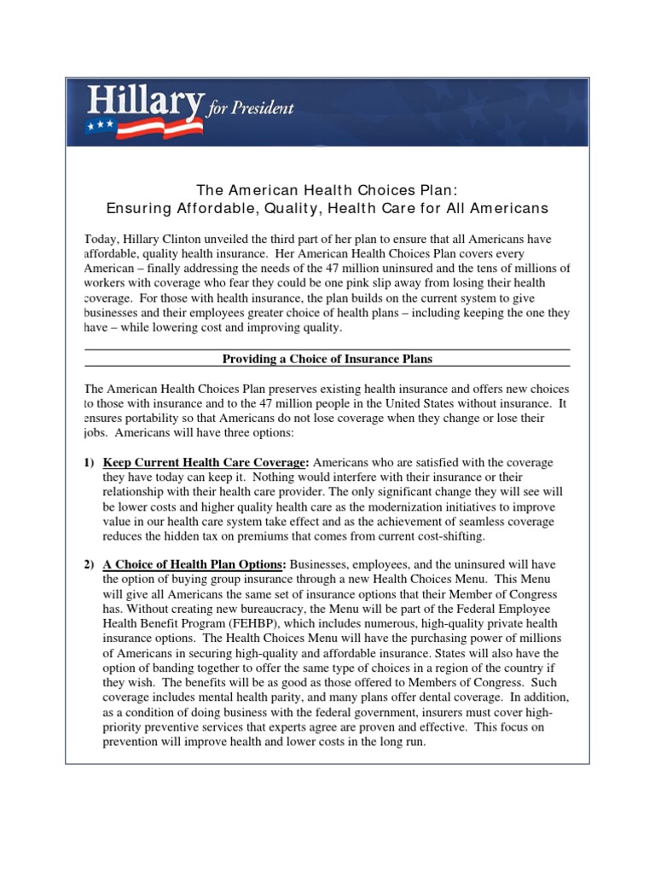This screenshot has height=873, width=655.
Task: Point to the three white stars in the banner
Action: pyautogui.click(x=101, y=125)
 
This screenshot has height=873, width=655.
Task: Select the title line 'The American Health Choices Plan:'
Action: pyautogui.click(x=327, y=189)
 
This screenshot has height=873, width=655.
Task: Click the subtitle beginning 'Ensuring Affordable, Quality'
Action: pyautogui.click(x=327, y=208)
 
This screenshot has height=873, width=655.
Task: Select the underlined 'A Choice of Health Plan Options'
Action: pyautogui.click(x=194, y=565)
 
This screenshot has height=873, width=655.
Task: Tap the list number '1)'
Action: pyautogui.click(x=89, y=463)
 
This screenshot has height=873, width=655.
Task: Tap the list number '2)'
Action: pyautogui.click(x=89, y=565)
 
